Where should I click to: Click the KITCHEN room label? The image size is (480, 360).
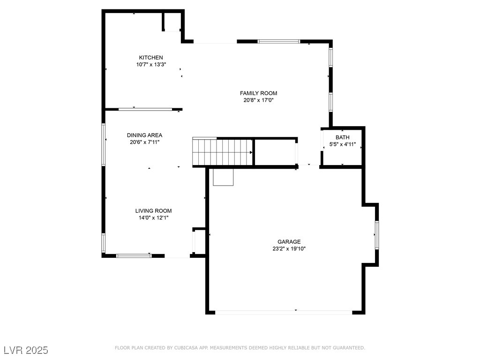pos(150,58)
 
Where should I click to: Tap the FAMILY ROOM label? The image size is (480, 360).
pos(258,93)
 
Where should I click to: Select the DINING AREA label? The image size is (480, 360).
pos(148,135)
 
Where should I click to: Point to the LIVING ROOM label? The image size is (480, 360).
pos(153,211)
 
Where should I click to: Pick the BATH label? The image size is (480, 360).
pos(342,137)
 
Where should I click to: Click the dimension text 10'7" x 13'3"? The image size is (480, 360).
pos(151,65)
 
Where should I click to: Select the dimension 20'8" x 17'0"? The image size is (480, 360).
pos(258,100)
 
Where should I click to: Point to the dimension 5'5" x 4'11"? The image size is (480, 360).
pos(342,144)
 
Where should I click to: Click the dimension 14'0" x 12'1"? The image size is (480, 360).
pos(153,217)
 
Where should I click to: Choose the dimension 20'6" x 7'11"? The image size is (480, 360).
pos(148,142)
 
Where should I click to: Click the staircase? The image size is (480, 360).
pos(223,152)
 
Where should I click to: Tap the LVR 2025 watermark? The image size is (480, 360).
pos(25,350)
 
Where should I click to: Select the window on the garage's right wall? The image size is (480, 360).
pos(377,235)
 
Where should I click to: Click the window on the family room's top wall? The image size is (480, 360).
pos(279,41)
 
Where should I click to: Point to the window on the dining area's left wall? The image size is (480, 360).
pos(104,144)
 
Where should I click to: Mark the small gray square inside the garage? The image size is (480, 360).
pos(223,177)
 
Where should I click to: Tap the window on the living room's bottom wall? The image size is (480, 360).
pos(134,255)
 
